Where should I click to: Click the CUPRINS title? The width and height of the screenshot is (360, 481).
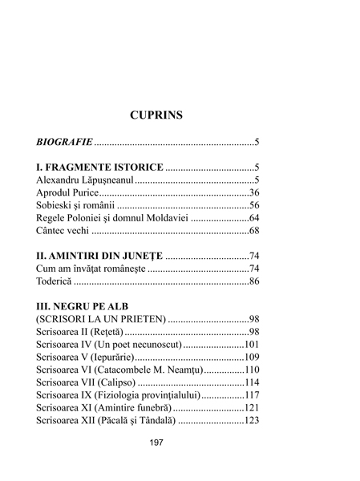point(156,115)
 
